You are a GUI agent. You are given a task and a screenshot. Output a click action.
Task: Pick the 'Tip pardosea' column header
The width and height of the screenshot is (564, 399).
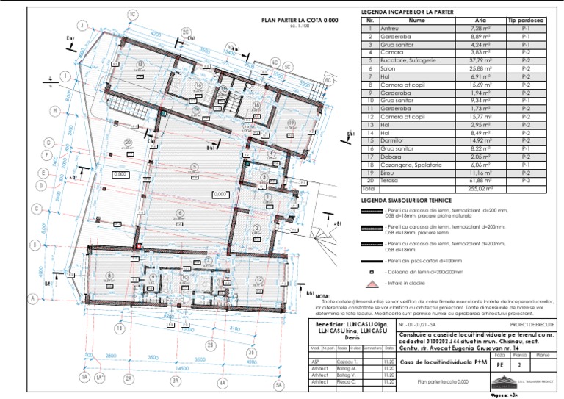(x=526, y=21)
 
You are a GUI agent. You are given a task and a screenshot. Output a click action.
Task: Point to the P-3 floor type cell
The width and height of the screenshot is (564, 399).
(x=526, y=181)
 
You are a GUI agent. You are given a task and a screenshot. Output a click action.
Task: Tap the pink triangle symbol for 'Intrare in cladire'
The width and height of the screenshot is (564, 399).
(x=372, y=283)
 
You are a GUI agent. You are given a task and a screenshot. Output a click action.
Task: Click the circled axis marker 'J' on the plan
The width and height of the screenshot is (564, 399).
(x=83, y=24)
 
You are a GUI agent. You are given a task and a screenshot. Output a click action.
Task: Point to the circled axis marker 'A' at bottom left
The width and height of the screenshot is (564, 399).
(x=32, y=298)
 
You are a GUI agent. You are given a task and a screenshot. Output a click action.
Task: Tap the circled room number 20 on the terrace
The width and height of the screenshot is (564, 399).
(x=129, y=143)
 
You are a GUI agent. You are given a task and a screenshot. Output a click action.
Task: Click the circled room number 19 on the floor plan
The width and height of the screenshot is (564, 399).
(x=291, y=123)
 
